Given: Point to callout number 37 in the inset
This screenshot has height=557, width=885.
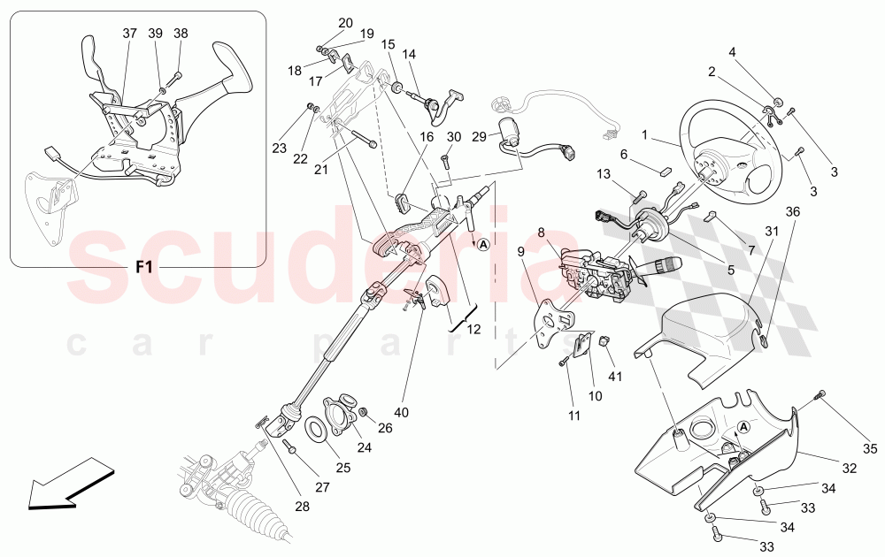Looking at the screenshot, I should (130, 33).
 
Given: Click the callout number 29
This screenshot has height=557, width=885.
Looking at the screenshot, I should (478, 136).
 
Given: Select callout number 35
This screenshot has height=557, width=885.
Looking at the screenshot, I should (870, 449).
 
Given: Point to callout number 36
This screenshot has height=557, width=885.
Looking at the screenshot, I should (793, 211).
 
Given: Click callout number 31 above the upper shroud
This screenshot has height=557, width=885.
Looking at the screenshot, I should (772, 232).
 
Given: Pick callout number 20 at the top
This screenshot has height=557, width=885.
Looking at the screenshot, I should (345, 23).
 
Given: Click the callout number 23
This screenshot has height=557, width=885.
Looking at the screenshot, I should (280, 148).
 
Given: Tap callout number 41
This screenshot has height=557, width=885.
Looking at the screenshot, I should (616, 376).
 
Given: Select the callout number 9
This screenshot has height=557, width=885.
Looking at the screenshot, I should (521, 252).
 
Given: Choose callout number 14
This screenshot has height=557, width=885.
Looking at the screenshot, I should (409, 54).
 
